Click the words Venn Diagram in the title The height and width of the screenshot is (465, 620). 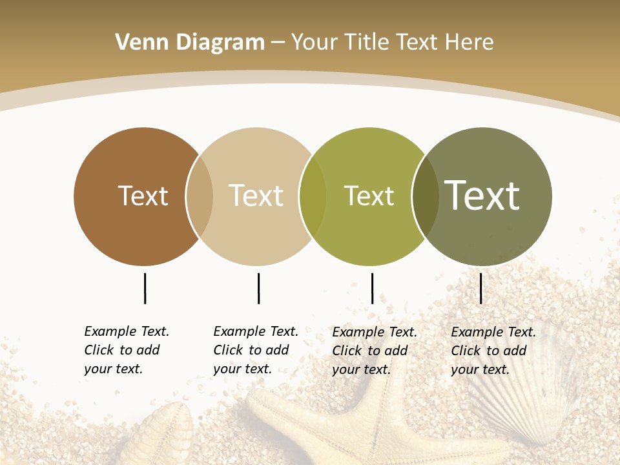click(x=190, y=43)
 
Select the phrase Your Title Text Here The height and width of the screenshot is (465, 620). click(x=392, y=43)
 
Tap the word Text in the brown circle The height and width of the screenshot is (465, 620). click(x=143, y=196)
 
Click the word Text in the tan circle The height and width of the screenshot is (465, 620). click(x=256, y=196)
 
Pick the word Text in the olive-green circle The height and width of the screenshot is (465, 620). click(x=369, y=196)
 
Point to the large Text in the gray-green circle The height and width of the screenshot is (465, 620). click(x=482, y=195)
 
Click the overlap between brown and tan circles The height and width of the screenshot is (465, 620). click(x=200, y=196)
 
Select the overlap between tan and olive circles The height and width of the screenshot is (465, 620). click(x=313, y=196)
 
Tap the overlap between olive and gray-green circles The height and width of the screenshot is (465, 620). click(x=425, y=196)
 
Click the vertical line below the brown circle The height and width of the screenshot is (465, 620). click(x=145, y=288)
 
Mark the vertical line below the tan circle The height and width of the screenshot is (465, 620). click(x=258, y=288)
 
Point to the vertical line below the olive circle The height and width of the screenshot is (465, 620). click(x=372, y=288)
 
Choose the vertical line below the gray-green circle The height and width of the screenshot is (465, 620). click(x=480, y=288)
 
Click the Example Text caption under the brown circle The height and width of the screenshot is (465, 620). click(x=127, y=350)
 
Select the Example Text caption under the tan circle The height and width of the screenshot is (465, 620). click(x=256, y=350)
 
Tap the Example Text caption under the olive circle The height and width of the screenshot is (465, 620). click(x=375, y=351)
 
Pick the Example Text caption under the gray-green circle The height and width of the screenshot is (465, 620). click(x=493, y=351)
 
